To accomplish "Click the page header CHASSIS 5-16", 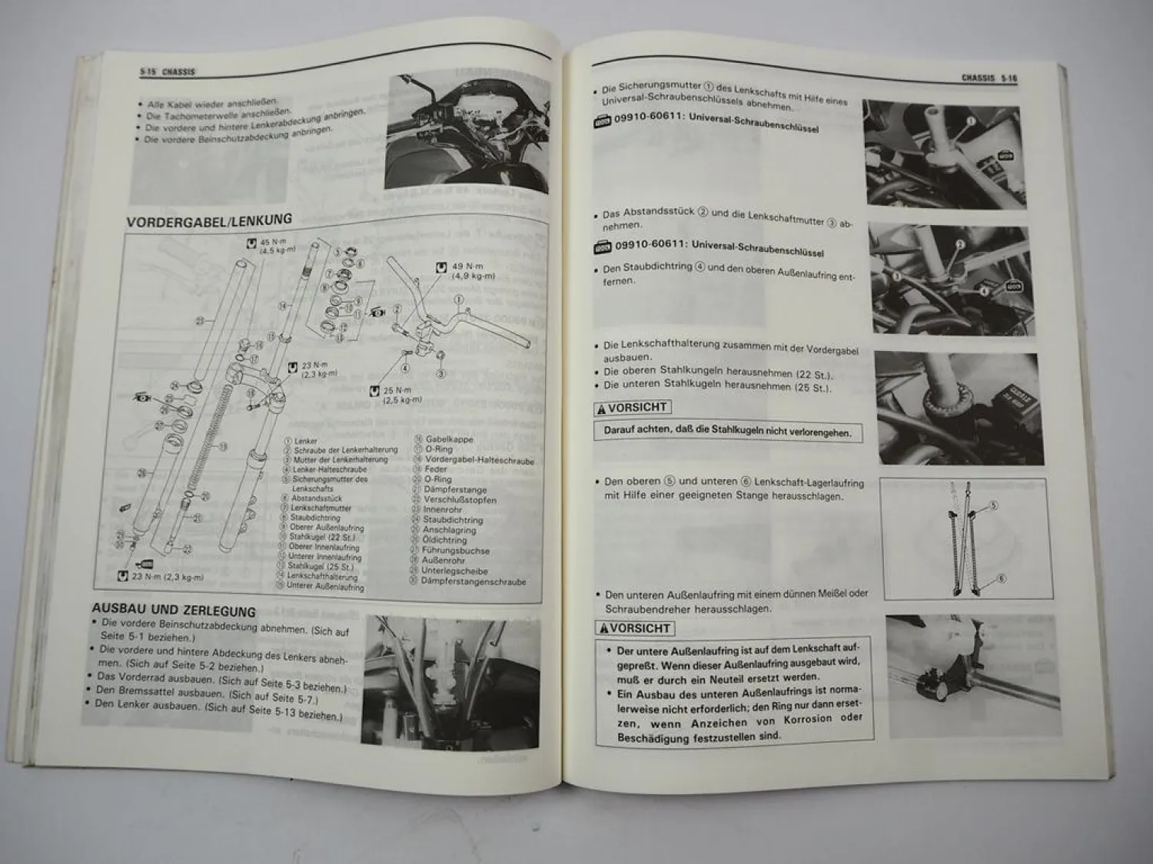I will pyautogui.click(x=989, y=78).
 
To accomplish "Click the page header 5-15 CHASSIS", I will pyautogui.click(x=168, y=71).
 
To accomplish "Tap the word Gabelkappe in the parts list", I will pyautogui.click(x=450, y=439).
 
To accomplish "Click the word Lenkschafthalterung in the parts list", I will pyautogui.click(x=322, y=576).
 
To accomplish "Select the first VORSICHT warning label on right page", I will pyautogui.click(x=633, y=408).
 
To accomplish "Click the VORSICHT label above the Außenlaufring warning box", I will pyautogui.click(x=636, y=628).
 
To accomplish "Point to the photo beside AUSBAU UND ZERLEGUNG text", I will pyautogui.click(x=451, y=683).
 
